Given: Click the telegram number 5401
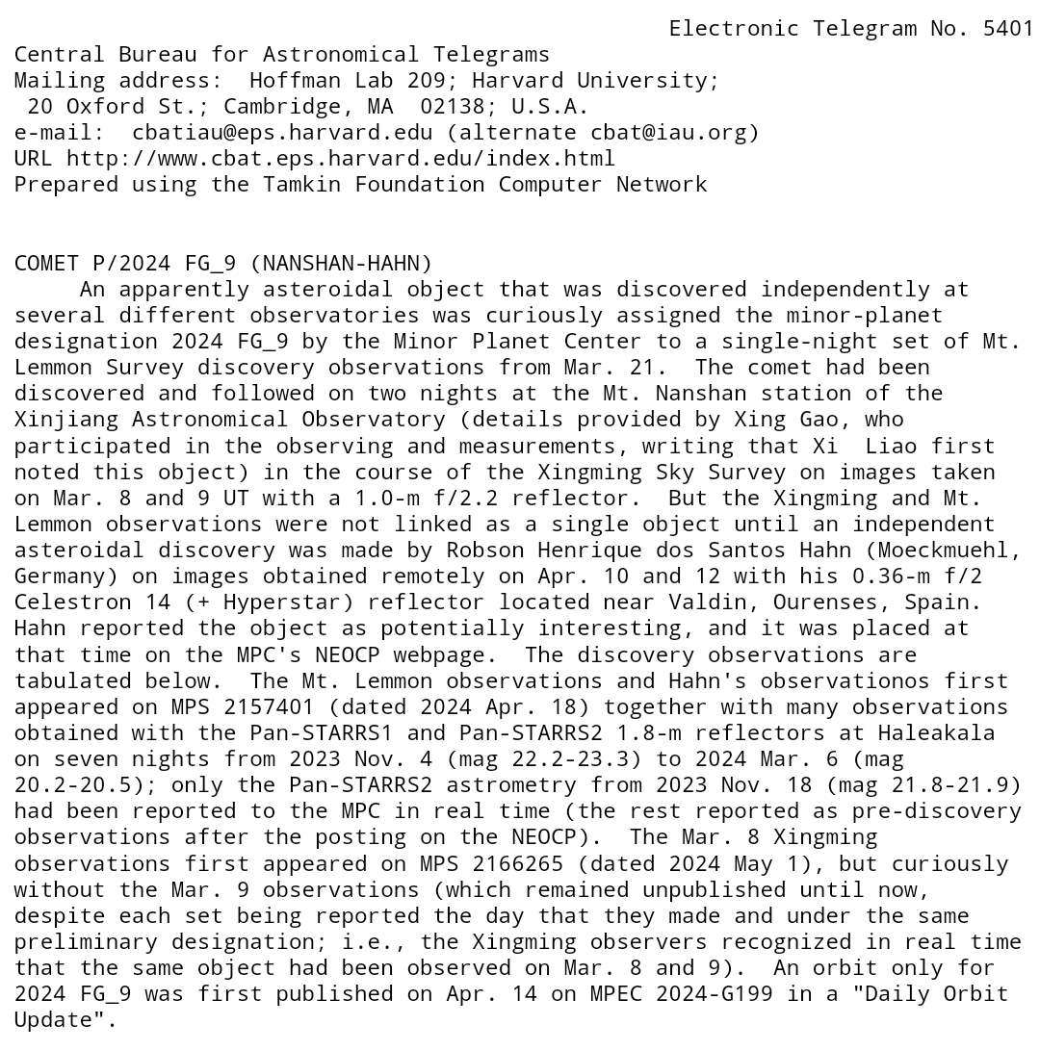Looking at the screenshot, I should point(1008,28).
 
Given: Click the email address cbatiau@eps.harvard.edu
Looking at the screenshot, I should point(282,132).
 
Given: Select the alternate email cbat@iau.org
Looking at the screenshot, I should point(668,132).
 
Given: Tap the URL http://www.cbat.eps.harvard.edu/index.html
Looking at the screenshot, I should point(341,158).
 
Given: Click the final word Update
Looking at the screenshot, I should point(53,1019).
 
